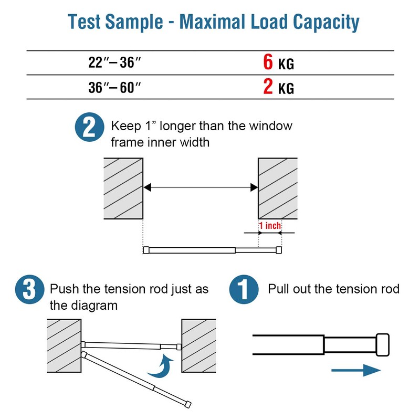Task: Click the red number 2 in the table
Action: tap(268, 86)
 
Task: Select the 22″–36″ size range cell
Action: tap(115, 63)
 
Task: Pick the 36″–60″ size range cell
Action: tap(115, 87)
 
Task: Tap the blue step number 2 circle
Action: tap(89, 128)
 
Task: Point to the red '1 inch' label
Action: tap(270, 226)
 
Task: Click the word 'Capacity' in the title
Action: tap(325, 23)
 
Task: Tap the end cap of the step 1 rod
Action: tap(383, 344)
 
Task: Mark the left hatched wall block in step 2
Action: tap(124, 188)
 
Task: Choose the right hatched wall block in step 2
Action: tap(277, 188)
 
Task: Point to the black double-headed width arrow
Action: tap(200, 187)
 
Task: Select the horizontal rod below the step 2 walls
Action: tap(213, 250)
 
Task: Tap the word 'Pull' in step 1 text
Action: tap(277, 289)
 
